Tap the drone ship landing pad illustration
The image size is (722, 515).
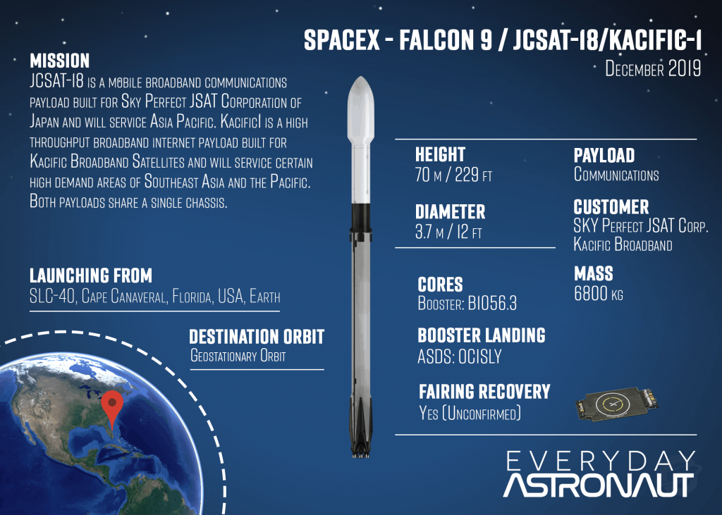(616, 404)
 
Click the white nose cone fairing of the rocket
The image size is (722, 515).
(360, 111)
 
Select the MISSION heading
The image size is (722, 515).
(60, 61)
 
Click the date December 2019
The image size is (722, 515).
(653, 68)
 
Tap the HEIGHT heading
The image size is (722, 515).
(440, 154)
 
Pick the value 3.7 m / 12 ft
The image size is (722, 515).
(448, 232)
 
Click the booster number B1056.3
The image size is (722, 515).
(492, 303)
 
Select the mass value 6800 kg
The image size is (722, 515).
(599, 293)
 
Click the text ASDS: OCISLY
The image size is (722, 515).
(460, 356)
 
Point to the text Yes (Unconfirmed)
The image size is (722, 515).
(470, 413)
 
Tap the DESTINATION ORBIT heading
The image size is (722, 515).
(257, 337)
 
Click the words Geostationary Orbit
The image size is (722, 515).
(238, 356)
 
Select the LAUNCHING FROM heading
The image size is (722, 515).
(91, 275)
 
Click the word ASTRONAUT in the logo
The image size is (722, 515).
(598, 485)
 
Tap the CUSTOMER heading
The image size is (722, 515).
(611, 206)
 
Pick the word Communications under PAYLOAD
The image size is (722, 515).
(616, 175)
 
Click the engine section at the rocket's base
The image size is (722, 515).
(361, 435)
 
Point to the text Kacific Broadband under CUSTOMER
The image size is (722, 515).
(623, 244)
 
